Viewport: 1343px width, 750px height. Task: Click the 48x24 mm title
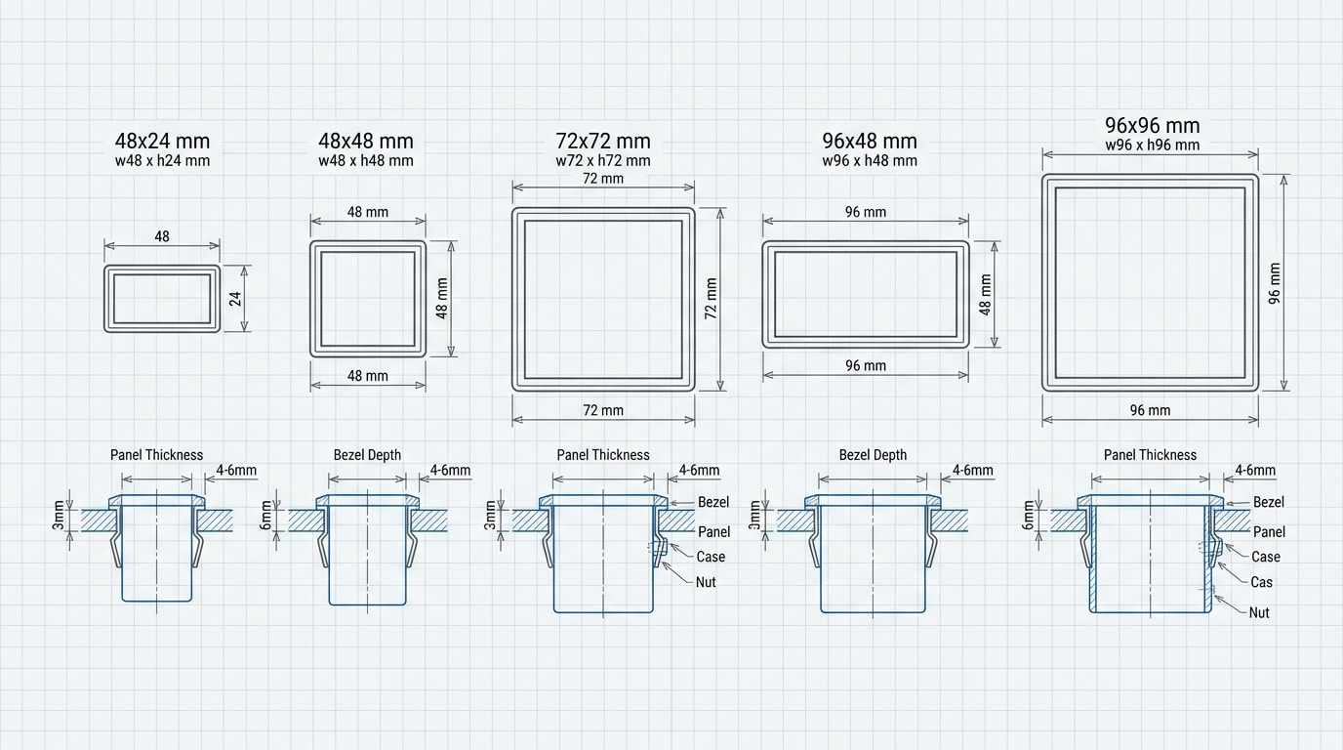coord(162,142)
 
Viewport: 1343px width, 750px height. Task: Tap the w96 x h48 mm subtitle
coord(869,161)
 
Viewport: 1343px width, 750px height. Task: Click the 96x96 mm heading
coord(1152,126)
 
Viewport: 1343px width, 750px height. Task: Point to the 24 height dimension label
coord(235,298)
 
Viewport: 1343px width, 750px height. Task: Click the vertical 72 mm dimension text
coord(711,299)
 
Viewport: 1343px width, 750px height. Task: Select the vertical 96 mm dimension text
coord(1275,283)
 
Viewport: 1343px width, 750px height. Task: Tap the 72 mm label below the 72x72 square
coord(602,410)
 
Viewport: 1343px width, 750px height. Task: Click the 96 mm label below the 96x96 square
coord(1150,410)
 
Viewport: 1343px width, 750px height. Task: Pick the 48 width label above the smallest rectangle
coord(162,236)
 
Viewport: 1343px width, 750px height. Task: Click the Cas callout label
coord(1261,582)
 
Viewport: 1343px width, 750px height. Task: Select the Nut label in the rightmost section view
coord(1259,612)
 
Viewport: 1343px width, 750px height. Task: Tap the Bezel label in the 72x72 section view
coord(713,502)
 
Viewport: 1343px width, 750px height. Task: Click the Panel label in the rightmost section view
coord(1269,532)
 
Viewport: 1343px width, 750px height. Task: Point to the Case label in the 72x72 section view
coord(711,557)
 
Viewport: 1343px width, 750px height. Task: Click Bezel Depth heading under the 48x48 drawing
coord(367,455)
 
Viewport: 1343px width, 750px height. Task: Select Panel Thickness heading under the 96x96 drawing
coord(1150,455)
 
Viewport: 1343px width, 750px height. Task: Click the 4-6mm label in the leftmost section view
coord(236,470)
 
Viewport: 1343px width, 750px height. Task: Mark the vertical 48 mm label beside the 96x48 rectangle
coord(986,294)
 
